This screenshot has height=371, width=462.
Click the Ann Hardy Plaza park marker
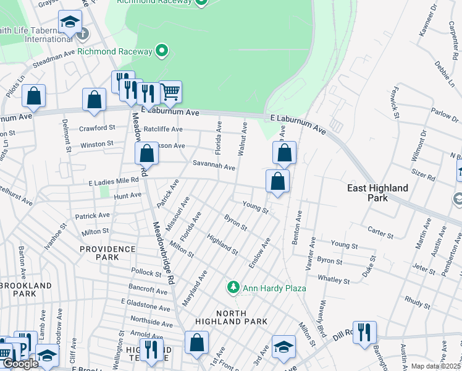(x=233, y=287)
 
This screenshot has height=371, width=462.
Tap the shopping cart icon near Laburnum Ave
(x=170, y=92)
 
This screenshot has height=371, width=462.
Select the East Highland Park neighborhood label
(x=377, y=192)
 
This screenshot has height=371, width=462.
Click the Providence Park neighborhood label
(x=107, y=253)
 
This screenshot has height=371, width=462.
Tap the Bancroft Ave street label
(x=148, y=289)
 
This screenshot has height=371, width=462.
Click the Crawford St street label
(x=97, y=128)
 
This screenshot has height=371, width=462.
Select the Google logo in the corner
(x=20, y=364)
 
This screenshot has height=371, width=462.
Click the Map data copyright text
(x=435, y=366)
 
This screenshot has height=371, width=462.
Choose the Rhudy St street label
(x=418, y=302)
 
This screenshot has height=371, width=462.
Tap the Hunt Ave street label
(x=128, y=195)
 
